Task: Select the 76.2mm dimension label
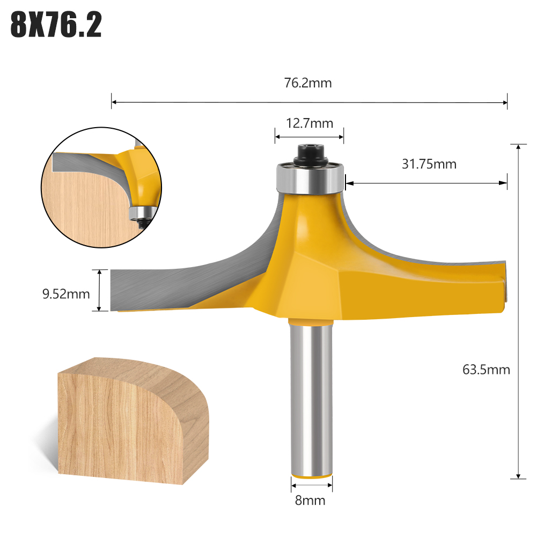pos(308,83)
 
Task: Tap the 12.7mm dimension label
pos(310,124)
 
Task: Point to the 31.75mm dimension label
pos(429,164)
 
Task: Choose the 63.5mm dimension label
pos(486,369)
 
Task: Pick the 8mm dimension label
pos(310,501)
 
